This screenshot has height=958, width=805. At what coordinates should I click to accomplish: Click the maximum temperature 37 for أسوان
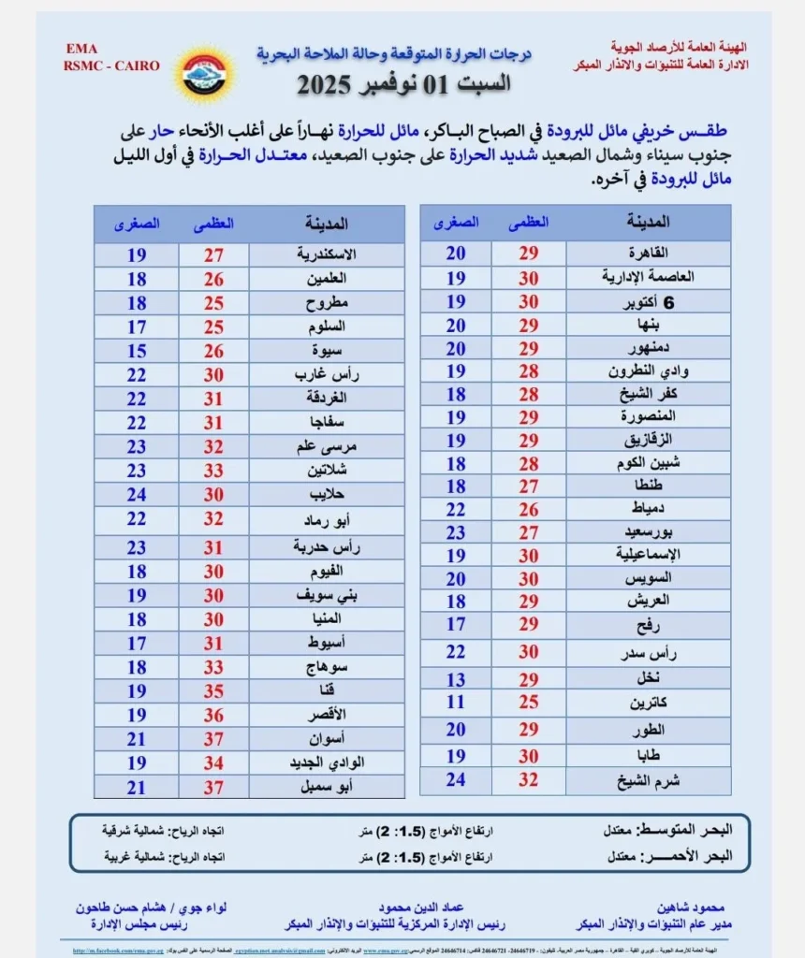(213, 739)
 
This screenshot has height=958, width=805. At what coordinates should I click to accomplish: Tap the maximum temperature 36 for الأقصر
(213, 715)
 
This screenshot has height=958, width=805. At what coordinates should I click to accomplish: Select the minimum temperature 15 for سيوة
(137, 351)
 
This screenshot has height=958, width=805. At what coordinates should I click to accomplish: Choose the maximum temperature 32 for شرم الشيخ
(529, 780)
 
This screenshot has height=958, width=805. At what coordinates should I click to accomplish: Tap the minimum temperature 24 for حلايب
(137, 496)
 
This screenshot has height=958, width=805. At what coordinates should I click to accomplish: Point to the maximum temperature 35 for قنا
(213, 690)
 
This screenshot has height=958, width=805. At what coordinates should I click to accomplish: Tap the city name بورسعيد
(655, 532)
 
